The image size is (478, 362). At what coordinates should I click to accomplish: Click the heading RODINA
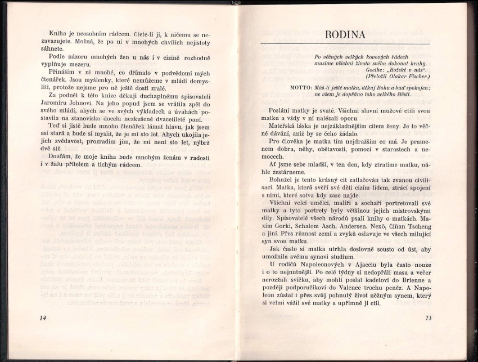click(x=345, y=35)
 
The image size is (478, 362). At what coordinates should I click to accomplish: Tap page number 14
click(x=43, y=318)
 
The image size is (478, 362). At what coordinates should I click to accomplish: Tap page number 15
click(x=428, y=318)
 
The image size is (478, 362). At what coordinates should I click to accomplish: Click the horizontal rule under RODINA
click(x=345, y=44)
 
